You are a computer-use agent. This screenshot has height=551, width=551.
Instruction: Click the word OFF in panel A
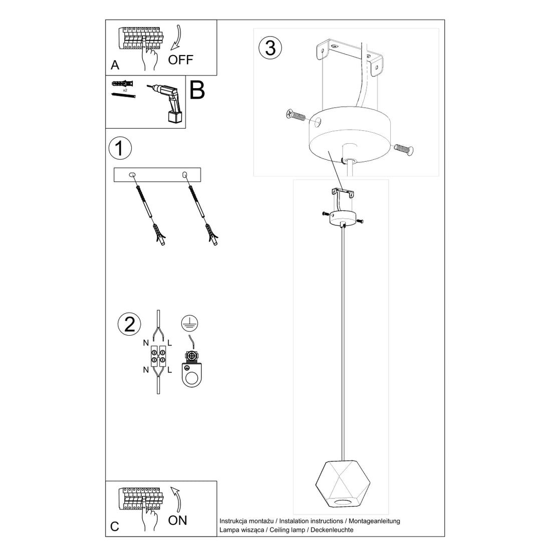coord(180,60)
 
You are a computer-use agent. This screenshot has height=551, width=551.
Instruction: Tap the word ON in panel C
coord(177,520)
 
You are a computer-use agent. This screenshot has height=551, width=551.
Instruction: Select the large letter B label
coord(197,90)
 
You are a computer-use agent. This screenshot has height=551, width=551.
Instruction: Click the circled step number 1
coord(120,149)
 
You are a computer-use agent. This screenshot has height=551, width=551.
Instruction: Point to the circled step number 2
coord(129,325)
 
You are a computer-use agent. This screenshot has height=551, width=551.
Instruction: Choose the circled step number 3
coord(270,48)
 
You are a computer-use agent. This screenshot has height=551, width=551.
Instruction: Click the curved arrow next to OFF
coord(177,38)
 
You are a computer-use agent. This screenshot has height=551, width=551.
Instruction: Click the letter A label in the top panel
coord(115,66)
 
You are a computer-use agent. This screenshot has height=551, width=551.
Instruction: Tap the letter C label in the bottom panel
coord(115,526)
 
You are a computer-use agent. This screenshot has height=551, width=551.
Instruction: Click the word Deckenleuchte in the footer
coord(333,529)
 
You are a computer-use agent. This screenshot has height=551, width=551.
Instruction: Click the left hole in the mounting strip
coord(133,175)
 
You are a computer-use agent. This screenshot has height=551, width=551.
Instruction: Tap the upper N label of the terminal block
coord(146,343)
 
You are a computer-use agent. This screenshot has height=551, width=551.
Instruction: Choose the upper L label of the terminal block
coord(170,343)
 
